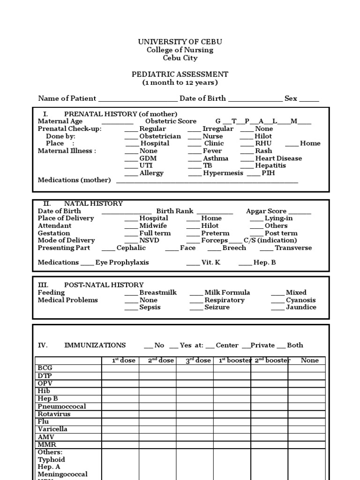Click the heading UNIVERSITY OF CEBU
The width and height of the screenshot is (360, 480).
pyautogui.click(x=180, y=42)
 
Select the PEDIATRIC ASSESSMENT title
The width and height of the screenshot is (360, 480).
pyautogui.click(x=180, y=74)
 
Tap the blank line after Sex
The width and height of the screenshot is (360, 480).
pyautogui.click(x=309, y=99)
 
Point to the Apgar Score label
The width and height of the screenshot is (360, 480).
pyautogui.click(x=266, y=211)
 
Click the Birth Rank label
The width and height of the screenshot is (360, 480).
pyautogui.click(x=175, y=211)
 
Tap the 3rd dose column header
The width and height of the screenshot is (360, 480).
pyautogui.click(x=195, y=360)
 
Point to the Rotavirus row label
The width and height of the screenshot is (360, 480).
pyautogui.click(x=54, y=414)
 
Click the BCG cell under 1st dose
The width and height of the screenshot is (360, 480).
pyautogui.click(x=120, y=368)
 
